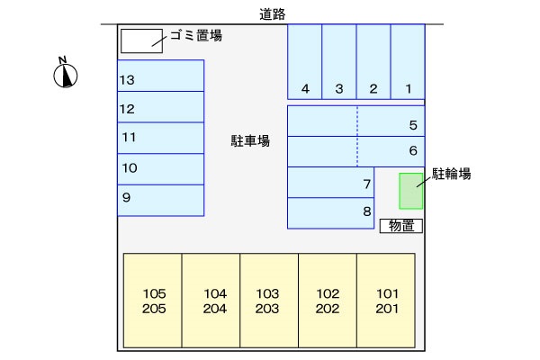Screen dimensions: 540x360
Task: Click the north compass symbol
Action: pos(66,73)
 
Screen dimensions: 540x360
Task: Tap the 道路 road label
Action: pos(273,14)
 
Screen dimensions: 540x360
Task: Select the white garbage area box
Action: pos(141,41)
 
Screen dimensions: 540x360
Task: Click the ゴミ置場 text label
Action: pos(196,35)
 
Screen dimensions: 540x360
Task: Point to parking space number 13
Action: pos(161,76)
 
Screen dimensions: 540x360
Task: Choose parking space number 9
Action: pos(161,201)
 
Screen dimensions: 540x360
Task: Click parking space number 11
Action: pos(161,138)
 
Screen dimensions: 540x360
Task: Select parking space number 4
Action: pos(305,62)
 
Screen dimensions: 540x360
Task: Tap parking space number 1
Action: pos(408,62)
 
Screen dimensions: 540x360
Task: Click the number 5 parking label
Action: pos(413,125)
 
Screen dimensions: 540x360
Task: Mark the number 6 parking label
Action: pos(413,150)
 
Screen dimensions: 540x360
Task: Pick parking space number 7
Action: pos(330,183)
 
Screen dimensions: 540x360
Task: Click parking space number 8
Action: pos(330,213)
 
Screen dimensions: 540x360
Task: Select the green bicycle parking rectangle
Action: pos(411,191)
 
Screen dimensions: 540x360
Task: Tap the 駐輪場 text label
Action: pos(452,174)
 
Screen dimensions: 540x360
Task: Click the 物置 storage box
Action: pos(401,226)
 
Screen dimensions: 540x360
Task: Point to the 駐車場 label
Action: pos(250,141)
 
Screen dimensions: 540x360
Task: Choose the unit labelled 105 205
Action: pos(153,301)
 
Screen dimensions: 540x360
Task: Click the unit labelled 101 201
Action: pos(386,301)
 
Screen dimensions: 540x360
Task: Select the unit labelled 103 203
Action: pos(269,301)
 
